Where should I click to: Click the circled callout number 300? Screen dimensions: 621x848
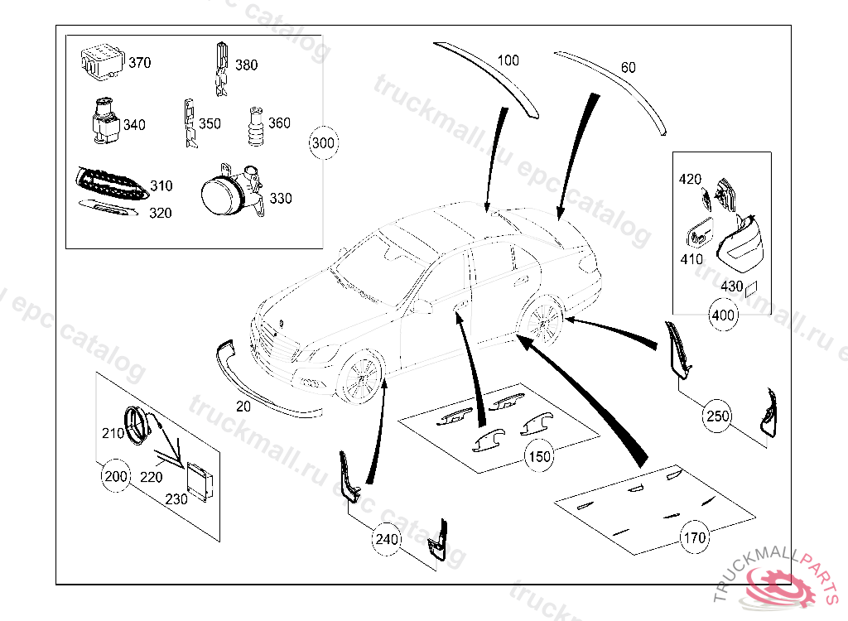(323, 143)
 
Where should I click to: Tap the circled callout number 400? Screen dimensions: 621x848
(723, 315)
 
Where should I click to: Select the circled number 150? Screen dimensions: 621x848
(539, 455)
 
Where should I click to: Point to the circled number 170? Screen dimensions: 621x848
(694, 537)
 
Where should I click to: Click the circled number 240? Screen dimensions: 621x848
(387, 540)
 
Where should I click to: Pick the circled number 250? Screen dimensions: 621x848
(718, 416)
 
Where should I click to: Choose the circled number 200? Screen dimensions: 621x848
(116, 476)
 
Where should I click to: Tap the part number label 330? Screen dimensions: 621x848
(281, 199)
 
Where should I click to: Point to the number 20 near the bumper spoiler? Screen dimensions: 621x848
(243, 407)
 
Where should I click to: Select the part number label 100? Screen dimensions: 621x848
(508, 60)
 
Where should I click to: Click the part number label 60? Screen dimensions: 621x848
(629, 68)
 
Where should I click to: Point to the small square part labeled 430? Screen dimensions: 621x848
(751, 289)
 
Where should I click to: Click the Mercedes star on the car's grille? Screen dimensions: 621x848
(281, 323)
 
